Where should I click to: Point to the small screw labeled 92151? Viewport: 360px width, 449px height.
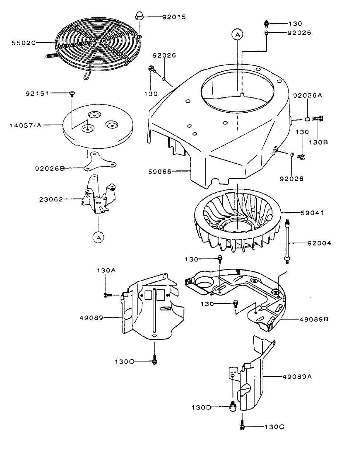(72, 94)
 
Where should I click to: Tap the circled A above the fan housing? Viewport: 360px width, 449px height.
(238, 34)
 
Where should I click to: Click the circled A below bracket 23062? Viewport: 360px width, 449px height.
(98, 237)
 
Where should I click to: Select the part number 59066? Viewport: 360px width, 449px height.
(159, 171)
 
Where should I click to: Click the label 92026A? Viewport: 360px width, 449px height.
(307, 95)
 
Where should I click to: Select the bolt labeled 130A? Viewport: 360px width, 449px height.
(107, 295)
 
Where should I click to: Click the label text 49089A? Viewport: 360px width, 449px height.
(298, 377)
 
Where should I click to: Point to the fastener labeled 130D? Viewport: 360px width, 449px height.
(233, 407)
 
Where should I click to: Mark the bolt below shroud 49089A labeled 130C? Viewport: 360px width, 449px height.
(242, 427)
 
